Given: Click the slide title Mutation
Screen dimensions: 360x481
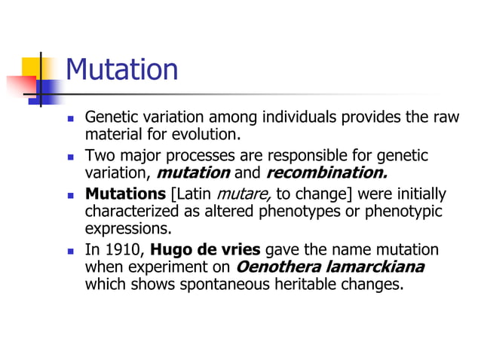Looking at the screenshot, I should pyautogui.click(x=122, y=70).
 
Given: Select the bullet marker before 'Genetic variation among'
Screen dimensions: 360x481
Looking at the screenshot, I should pyautogui.click(x=71, y=119).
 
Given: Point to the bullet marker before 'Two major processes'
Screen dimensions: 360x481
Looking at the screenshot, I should pyautogui.click(x=71, y=157).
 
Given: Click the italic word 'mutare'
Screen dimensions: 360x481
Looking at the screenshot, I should pyautogui.click(x=245, y=193).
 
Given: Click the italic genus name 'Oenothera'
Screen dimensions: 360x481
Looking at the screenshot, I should pyautogui.click(x=274, y=267).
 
